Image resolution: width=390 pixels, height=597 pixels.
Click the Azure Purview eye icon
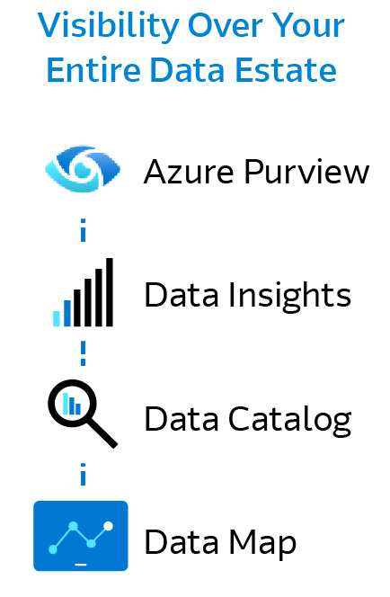82,171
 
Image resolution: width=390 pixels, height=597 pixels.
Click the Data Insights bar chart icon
83,292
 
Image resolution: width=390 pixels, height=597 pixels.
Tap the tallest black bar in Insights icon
110,291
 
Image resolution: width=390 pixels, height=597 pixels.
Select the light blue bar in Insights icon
57,317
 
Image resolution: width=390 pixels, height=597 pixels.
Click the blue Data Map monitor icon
81,536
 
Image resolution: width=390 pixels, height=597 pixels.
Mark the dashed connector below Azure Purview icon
83,232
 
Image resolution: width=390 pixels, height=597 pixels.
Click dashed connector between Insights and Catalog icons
83,351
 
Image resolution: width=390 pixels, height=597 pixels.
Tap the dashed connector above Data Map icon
83,475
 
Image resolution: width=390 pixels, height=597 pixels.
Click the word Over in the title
217,26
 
